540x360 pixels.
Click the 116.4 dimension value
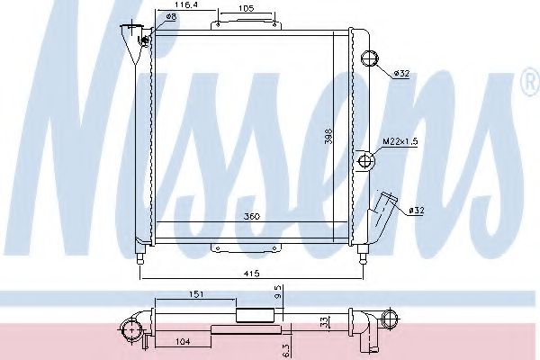click(x=186, y=4)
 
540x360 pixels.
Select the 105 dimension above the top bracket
click(x=246, y=8)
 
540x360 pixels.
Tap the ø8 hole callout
click(x=171, y=16)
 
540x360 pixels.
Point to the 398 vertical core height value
click(x=329, y=136)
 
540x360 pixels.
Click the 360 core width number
click(x=252, y=217)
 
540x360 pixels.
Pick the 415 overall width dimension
click(x=251, y=274)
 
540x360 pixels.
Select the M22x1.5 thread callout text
click(x=400, y=141)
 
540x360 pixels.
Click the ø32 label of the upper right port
click(x=401, y=74)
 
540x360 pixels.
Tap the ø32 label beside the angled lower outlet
click(x=417, y=210)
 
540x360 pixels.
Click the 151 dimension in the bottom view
click(x=195, y=294)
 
